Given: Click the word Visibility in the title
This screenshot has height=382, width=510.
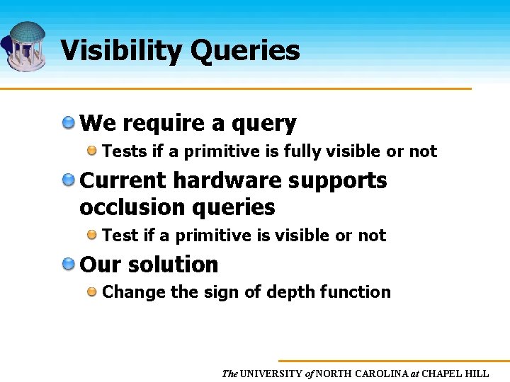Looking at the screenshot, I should [x=120, y=51].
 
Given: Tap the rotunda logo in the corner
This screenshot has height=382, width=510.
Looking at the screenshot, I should [x=24, y=45].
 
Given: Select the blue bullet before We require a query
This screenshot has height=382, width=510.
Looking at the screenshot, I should [x=69, y=123].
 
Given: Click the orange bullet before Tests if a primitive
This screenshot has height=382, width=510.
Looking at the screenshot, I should [x=92, y=151].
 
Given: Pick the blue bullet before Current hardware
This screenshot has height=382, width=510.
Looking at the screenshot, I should [x=69, y=180].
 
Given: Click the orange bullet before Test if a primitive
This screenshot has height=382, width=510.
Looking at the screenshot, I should [x=92, y=235].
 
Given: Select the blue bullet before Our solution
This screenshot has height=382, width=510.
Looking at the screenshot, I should [x=69, y=264].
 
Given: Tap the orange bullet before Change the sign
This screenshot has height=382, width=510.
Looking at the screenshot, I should [x=92, y=291].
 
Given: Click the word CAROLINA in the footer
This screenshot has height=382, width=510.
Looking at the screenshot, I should [x=377, y=374].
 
